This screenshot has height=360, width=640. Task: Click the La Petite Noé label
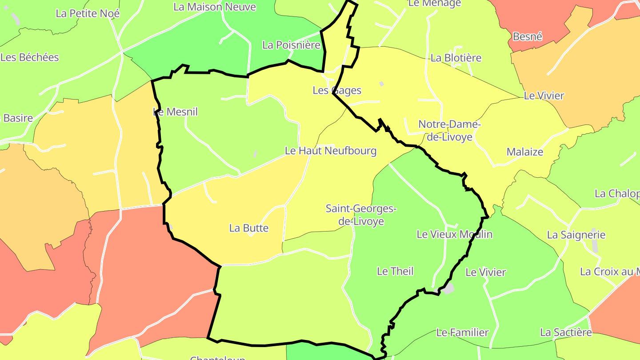pyautogui.click(x=88, y=13)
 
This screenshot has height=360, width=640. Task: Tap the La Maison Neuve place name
pyautogui.click(x=215, y=7)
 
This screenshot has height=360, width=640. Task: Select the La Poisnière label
pyautogui.click(x=291, y=45)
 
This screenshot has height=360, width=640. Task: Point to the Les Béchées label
pyautogui.click(x=30, y=57)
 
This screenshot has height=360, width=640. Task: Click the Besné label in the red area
pyautogui.click(x=528, y=36)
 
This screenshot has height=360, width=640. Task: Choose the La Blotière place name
pyautogui.click(x=456, y=58)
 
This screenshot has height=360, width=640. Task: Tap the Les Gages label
pyautogui.click(x=337, y=90)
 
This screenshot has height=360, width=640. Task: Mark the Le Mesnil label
pyautogui.click(x=175, y=112)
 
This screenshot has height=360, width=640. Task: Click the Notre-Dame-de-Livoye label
pyautogui.click(x=449, y=131)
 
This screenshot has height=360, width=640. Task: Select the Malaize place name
pyautogui.click(x=525, y=152)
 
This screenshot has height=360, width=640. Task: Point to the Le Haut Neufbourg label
pyautogui.click(x=330, y=151)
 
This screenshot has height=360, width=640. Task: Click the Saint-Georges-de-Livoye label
pyautogui.click(x=361, y=215)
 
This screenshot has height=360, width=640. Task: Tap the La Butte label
pyautogui.click(x=249, y=228)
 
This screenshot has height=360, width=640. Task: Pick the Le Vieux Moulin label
pyautogui.click(x=454, y=234)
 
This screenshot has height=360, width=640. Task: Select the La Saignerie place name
pyautogui.click(x=576, y=235)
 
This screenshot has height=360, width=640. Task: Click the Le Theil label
pyautogui.click(x=395, y=271)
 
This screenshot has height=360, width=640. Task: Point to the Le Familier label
pyautogui.click(x=462, y=332)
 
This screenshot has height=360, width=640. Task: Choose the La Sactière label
pyautogui.click(x=566, y=332)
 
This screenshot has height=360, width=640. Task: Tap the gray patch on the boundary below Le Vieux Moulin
pyautogui.click(x=448, y=288)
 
